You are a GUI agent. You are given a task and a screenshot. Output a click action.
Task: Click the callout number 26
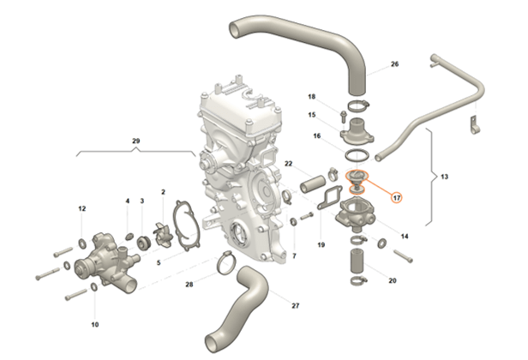[394, 64]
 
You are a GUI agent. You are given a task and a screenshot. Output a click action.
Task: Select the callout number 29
[135, 139]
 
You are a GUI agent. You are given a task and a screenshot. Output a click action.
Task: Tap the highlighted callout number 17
[397, 196]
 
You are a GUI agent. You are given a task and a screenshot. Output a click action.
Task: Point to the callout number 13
[444, 176]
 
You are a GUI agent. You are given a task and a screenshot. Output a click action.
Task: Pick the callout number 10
[95, 325]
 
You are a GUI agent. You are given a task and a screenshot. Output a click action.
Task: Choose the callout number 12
[82, 208]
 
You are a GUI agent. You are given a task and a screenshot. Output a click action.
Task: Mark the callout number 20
[392, 280]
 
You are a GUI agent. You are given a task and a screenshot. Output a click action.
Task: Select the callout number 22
[289, 164]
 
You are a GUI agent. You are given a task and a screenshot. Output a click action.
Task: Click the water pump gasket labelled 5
[182, 225]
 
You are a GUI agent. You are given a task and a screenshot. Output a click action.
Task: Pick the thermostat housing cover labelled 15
[356, 133]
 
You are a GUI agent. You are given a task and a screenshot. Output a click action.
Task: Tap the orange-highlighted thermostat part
[355, 179]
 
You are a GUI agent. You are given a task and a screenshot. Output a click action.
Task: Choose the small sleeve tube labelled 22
[312, 183]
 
